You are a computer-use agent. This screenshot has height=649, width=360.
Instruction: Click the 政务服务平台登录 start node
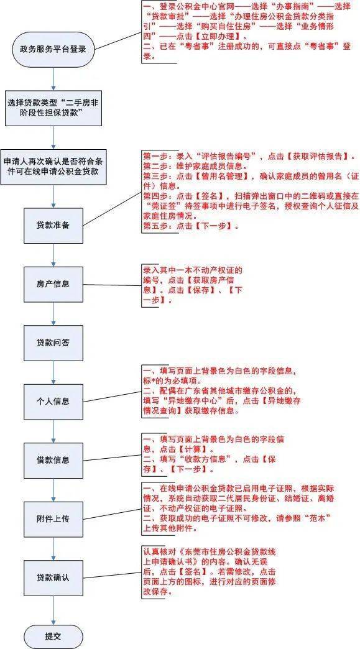point(53,49)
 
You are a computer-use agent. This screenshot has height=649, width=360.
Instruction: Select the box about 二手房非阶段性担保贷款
point(53,108)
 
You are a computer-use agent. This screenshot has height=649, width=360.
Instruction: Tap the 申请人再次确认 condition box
point(53,167)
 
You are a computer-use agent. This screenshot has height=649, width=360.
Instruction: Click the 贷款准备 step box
point(53,226)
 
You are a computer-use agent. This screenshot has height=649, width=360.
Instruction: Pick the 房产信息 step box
point(53,284)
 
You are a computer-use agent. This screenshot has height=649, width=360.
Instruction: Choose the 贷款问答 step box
point(53,343)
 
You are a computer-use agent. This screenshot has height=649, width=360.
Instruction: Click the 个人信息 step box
point(53,402)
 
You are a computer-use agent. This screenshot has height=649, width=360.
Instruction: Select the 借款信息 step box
point(53,460)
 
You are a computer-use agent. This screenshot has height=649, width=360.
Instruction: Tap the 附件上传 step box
point(53,519)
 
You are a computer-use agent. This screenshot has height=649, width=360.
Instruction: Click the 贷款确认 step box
point(53,578)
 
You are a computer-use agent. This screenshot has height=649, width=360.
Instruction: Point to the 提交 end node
point(53,637)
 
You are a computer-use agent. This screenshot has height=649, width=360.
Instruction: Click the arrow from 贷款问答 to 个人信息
point(53,372)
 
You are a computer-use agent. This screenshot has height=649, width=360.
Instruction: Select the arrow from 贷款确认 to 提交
point(53,610)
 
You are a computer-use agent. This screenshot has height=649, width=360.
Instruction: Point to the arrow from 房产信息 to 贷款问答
point(53,314)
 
